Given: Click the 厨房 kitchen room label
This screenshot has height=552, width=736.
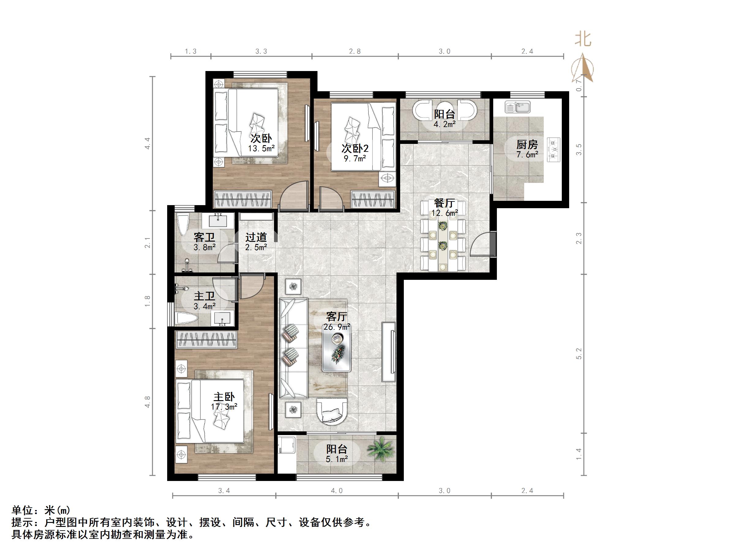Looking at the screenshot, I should click(x=527, y=145).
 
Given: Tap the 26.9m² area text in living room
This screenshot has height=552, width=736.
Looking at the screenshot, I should click(x=337, y=327).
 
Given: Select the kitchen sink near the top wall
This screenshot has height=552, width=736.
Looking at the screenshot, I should click(x=517, y=107).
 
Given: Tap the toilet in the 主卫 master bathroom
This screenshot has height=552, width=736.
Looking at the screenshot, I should click(x=186, y=318).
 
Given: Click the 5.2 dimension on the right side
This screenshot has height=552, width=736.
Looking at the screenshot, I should click(x=579, y=353).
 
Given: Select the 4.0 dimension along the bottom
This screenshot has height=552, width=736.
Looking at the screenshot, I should click(x=336, y=490).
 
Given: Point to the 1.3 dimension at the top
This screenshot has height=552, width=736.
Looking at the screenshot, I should click(x=191, y=51).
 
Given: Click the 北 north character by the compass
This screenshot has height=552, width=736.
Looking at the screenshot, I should click(x=583, y=39).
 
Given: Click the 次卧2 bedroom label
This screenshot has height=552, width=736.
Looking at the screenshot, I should click(x=355, y=148).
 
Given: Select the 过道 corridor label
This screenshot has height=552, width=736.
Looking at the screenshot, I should click(x=256, y=237).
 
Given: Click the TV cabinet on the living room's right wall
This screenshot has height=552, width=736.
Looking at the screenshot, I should click(x=388, y=352).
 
